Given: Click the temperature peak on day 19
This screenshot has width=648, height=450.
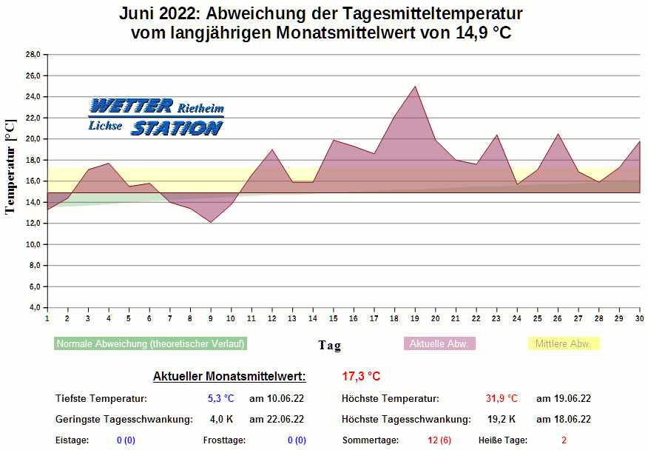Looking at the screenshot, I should pyautogui.click(x=415, y=87).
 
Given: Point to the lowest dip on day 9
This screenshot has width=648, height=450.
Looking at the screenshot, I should pyautogui.click(x=211, y=222).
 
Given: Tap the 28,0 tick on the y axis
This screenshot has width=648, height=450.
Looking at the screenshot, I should pyautogui.click(x=33, y=55).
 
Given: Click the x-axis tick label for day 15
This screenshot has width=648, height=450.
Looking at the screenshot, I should pyautogui.click(x=334, y=318).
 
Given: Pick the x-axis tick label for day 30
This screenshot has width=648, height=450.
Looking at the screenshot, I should pyautogui.click(x=639, y=318).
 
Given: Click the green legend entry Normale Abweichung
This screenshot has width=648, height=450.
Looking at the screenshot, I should pyautogui.click(x=150, y=344).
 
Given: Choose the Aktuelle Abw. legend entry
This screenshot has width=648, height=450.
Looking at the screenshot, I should pyautogui.click(x=439, y=344).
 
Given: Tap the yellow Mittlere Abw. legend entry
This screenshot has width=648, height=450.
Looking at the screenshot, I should pyautogui.click(x=563, y=344).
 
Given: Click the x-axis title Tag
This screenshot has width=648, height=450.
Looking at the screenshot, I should pyautogui.click(x=329, y=346).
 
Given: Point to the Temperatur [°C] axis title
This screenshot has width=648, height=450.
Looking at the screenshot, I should pyautogui.click(x=10, y=167).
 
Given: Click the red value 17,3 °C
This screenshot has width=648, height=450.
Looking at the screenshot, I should pyautogui.click(x=361, y=377).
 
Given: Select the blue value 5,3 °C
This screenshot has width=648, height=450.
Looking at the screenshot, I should pyautogui.click(x=220, y=399).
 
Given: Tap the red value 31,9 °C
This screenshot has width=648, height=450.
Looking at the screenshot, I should pyautogui.click(x=502, y=399).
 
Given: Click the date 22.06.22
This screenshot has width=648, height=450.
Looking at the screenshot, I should pyautogui.click(x=277, y=420).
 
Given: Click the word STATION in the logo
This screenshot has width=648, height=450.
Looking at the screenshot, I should pyautogui.click(x=176, y=129).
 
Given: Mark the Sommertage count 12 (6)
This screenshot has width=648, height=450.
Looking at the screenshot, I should pyautogui.click(x=439, y=440).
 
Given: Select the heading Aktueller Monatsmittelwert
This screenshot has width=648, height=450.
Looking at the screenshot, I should pyautogui.click(x=229, y=377).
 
